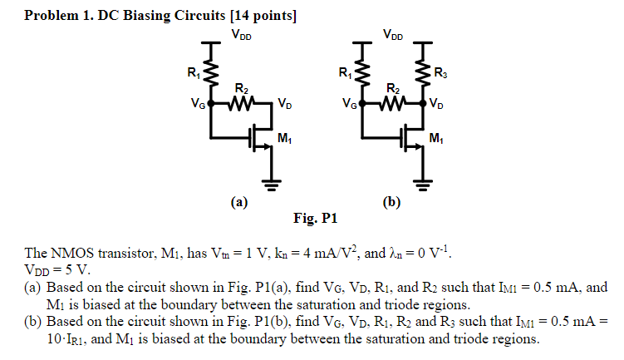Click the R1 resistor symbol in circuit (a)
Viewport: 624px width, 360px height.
[x=211, y=76]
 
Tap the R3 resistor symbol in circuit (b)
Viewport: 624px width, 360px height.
[x=423, y=76]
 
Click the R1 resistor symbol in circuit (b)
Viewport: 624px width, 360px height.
[x=363, y=76]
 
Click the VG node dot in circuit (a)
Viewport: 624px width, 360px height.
[x=211, y=104]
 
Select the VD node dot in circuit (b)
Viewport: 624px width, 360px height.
[x=423, y=104]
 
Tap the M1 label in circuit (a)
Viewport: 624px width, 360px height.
[x=285, y=138]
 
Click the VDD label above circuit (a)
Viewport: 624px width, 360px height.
[x=241, y=35]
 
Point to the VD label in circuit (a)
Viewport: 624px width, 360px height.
[x=284, y=105]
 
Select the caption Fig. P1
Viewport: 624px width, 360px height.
[x=316, y=219]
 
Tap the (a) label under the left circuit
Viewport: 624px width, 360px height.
[x=239, y=202]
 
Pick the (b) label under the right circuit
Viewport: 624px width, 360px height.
[x=391, y=202]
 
